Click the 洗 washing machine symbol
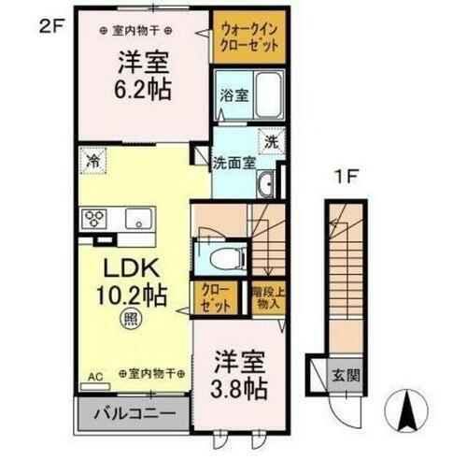tap(269, 144)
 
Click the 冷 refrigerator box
tap(93, 160)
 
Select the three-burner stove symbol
tap(95, 221)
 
